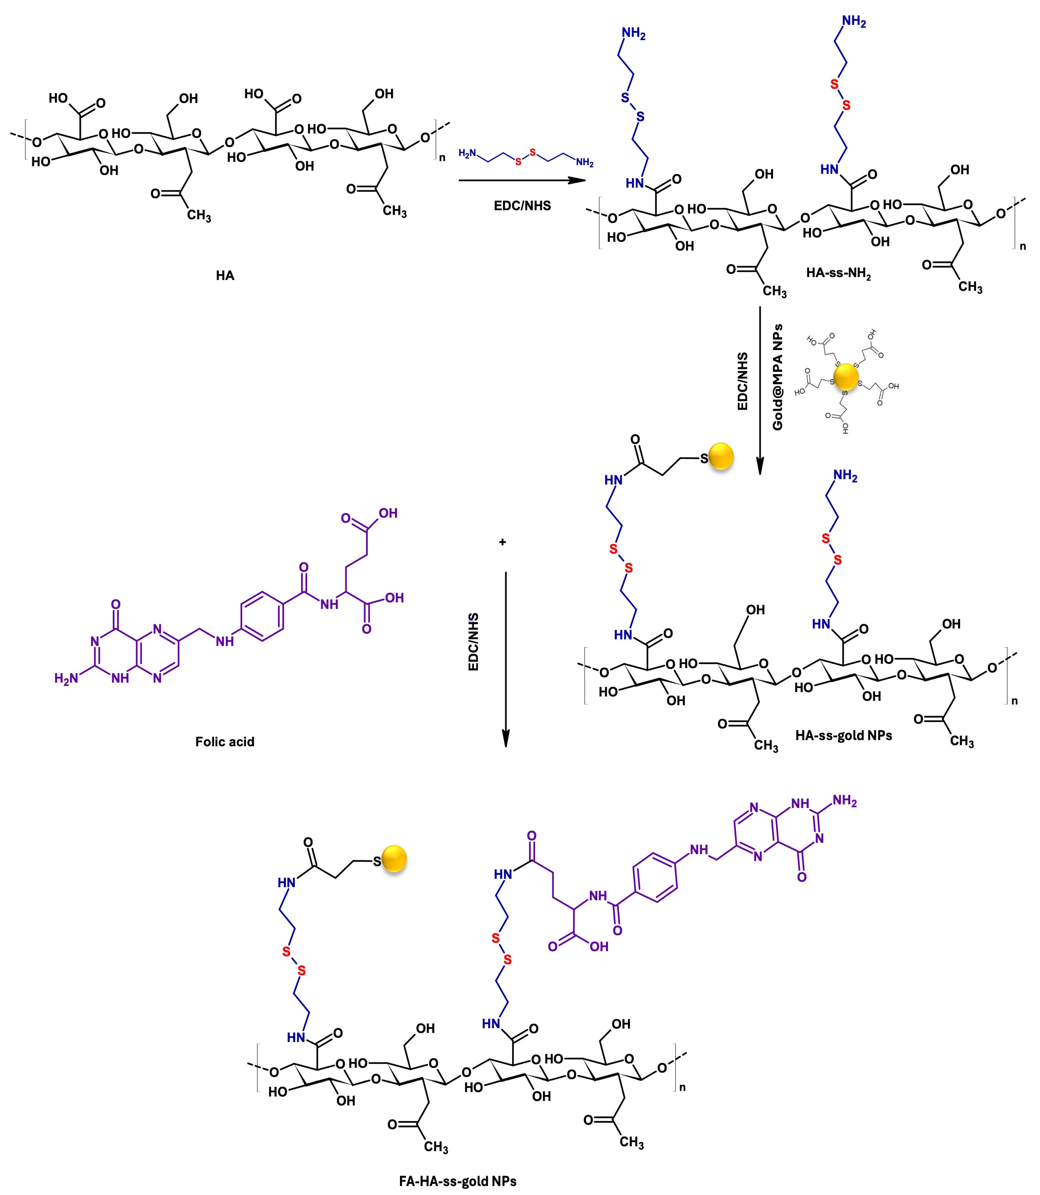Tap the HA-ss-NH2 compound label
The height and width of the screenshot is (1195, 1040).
click(x=839, y=273)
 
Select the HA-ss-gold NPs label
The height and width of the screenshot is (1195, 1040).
click(x=843, y=735)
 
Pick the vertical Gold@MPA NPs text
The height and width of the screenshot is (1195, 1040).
click(x=778, y=377)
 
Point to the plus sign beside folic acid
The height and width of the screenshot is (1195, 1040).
click(x=502, y=542)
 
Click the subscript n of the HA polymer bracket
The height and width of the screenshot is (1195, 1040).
click(x=442, y=157)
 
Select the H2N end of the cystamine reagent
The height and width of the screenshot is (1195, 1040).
click(x=468, y=153)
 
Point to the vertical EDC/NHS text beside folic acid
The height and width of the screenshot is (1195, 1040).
click(x=474, y=642)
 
